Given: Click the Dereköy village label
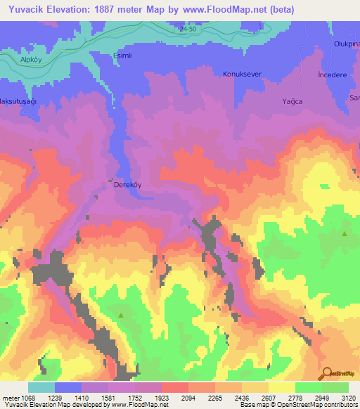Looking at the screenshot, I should [x=129, y=188].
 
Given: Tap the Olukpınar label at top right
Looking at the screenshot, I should [x=345, y=44].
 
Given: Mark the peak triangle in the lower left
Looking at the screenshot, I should [x=121, y=316].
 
